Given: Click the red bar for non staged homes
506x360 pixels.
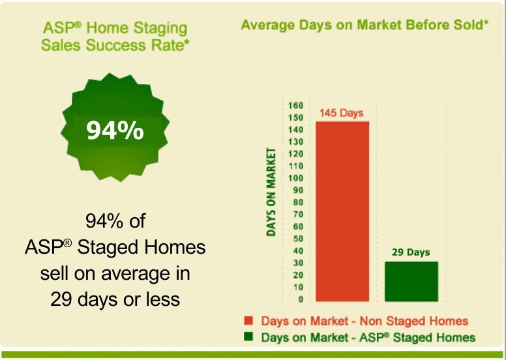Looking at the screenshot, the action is click(x=342, y=211).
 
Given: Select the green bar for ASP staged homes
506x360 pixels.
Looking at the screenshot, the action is click(x=411, y=282).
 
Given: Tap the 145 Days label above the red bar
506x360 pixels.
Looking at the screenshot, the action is click(x=342, y=113).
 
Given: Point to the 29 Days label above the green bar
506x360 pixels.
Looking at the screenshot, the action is click(x=411, y=252).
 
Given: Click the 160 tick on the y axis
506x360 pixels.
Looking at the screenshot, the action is click(x=296, y=106).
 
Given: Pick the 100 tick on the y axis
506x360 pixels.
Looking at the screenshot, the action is click(x=296, y=178).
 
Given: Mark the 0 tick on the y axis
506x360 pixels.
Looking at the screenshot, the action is click(x=301, y=299).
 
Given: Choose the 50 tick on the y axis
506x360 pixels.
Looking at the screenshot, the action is click(x=299, y=239).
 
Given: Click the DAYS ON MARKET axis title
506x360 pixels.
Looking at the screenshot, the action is click(x=271, y=192).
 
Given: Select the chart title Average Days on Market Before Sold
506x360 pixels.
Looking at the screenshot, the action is click(x=365, y=25).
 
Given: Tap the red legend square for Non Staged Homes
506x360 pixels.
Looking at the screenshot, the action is click(x=248, y=321).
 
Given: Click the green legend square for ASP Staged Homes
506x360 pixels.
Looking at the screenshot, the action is click(x=248, y=337).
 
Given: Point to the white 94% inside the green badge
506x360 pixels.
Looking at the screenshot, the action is click(x=115, y=131).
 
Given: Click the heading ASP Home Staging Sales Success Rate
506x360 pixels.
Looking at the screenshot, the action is click(x=115, y=37).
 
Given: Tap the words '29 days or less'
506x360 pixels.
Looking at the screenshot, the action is click(x=115, y=299).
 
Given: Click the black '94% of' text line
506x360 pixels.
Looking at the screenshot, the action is click(x=115, y=221).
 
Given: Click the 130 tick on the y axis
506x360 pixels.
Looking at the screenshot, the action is click(x=296, y=142).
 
